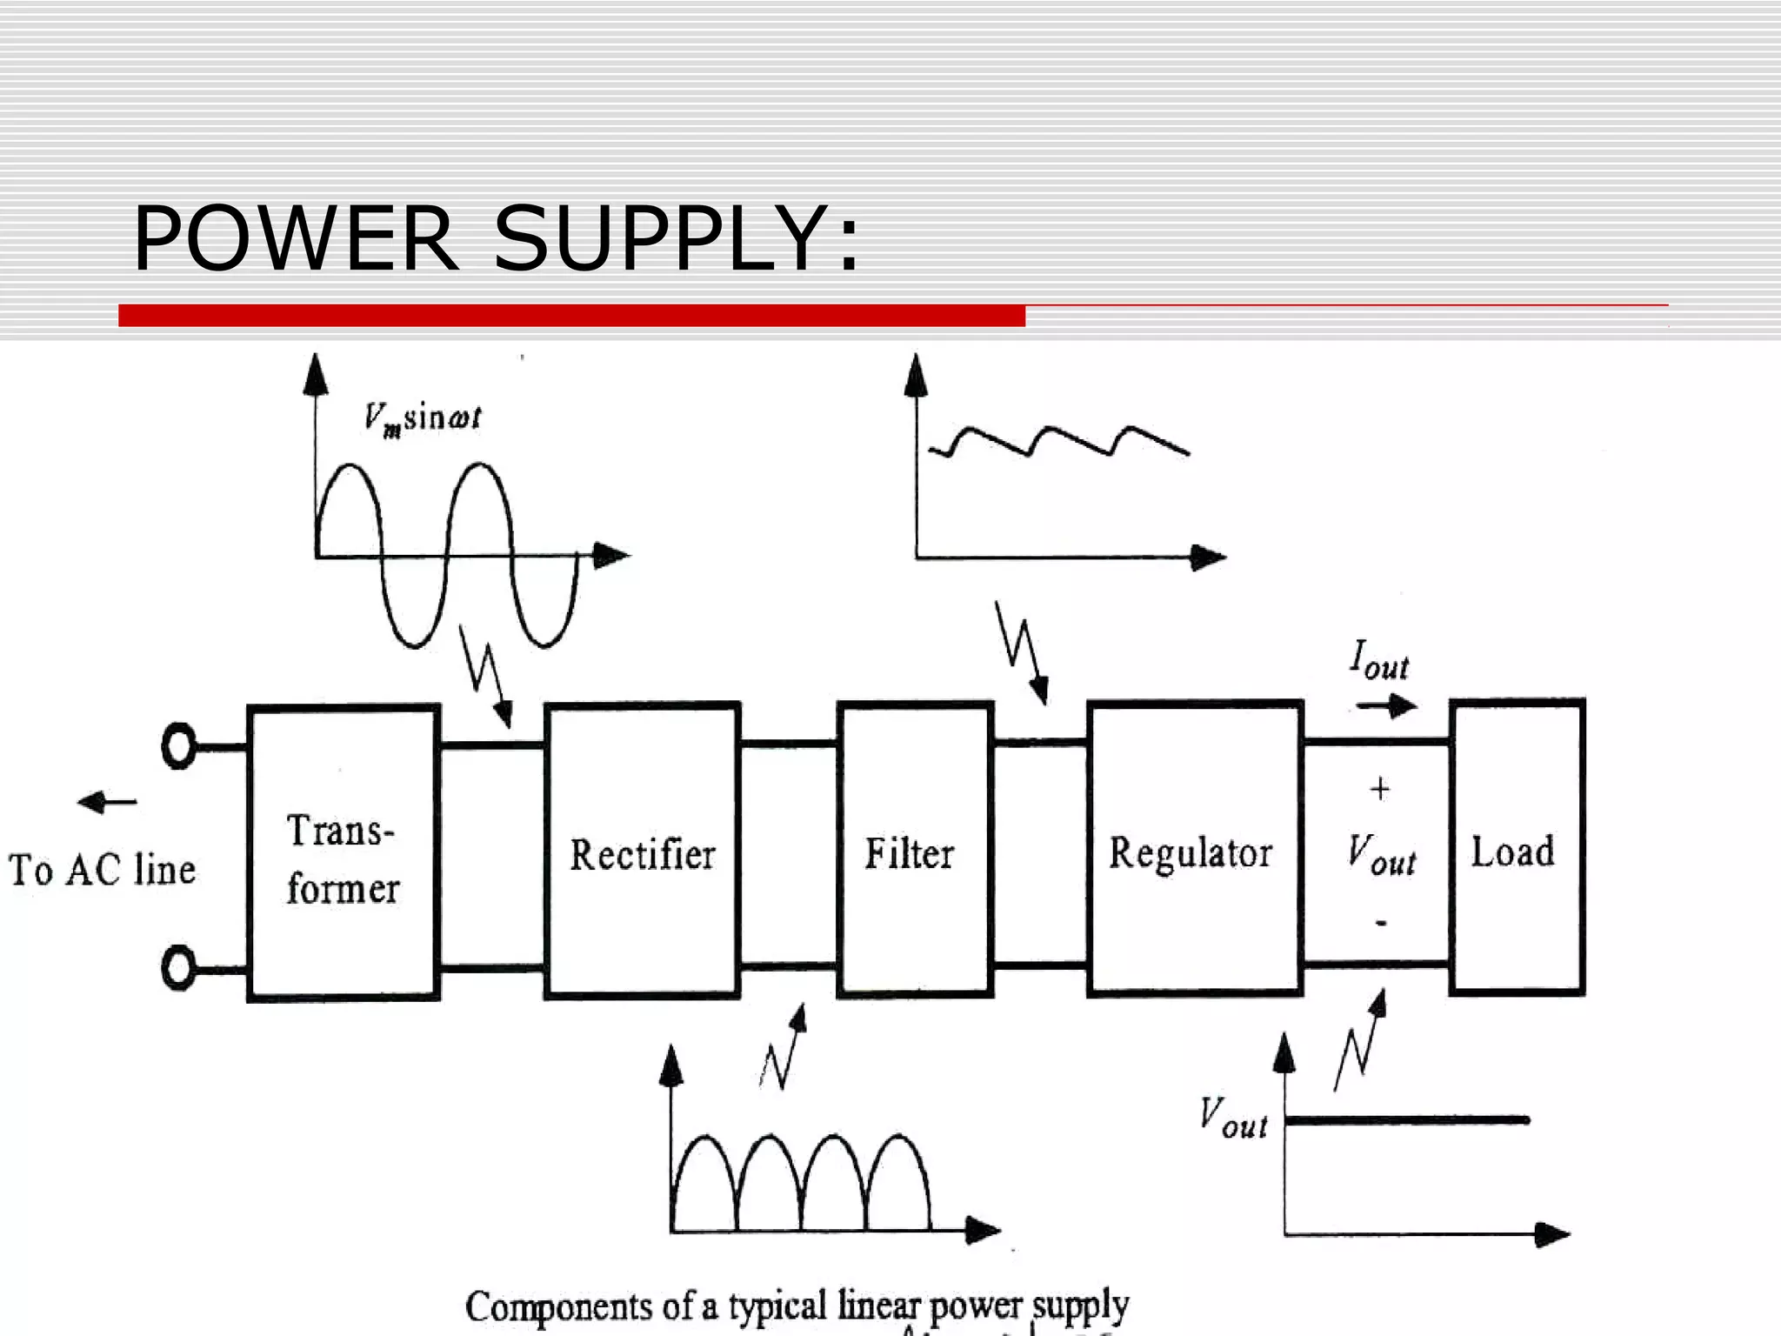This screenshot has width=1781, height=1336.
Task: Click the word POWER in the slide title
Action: [x=294, y=238]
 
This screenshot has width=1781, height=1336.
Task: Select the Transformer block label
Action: [x=343, y=859]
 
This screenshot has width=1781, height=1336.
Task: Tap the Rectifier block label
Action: [x=642, y=854]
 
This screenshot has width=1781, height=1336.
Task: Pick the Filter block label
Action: [x=909, y=853]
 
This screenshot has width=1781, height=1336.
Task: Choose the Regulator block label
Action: [x=1190, y=852]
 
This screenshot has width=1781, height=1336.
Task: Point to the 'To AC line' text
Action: [x=102, y=870]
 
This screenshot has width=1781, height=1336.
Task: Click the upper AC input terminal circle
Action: [x=179, y=746]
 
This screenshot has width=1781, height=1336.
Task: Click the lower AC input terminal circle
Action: [x=179, y=968]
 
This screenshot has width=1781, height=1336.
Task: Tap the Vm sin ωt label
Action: [x=422, y=418]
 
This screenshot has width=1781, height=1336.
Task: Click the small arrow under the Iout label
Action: [x=1387, y=705]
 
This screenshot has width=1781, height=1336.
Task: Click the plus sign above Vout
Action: [x=1379, y=789]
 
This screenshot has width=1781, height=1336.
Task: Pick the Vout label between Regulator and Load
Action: [x=1381, y=854]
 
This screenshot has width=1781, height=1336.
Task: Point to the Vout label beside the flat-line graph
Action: [x=1232, y=1119]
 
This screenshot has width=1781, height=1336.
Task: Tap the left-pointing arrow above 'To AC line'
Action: [x=106, y=801]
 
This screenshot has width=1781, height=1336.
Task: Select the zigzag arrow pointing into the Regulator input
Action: [x=1023, y=652]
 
